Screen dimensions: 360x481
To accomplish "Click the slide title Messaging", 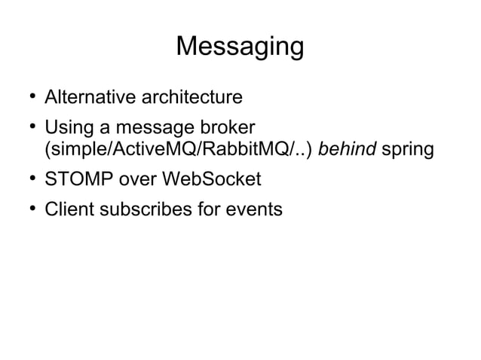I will pyautogui.click(x=240, y=47).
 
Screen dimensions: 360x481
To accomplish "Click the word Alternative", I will pyautogui.click(x=86, y=97).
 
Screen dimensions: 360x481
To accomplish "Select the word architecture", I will pyautogui.click(x=186, y=97).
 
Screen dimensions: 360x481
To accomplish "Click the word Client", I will pyautogui.click(x=67, y=209).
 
